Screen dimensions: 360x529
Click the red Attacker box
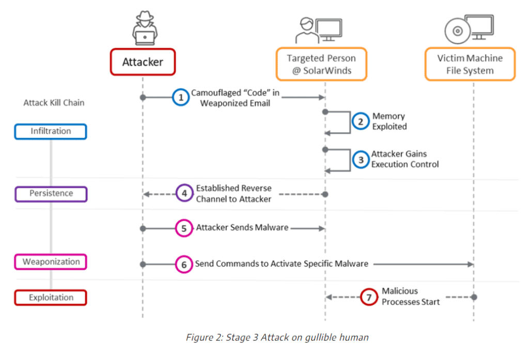click(143, 62)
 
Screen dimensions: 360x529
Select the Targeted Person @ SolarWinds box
click(321, 65)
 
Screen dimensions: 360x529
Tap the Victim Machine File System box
click(470, 65)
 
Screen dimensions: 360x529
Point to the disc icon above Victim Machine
click(457, 30)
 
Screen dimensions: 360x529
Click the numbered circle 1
click(180, 98)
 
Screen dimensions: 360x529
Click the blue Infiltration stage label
click(51, 131)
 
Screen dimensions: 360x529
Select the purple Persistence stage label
click(51, 194)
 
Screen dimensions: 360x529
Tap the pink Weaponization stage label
click(51, 262)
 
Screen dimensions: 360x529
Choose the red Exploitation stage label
click(51, 298)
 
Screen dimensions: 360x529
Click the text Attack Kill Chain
click(54, 103)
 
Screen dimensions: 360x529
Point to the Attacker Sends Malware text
click(242, 227)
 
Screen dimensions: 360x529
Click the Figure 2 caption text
click(277, 337)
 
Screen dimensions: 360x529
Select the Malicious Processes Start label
click(411, 296)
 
